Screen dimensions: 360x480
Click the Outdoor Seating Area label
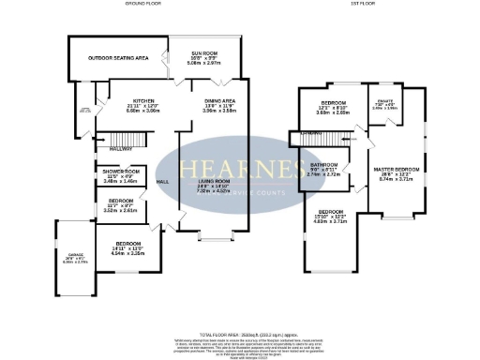click(118, 58)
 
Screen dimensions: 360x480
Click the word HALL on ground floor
click(161, 179)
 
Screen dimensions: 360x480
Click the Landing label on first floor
click(302, 134)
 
